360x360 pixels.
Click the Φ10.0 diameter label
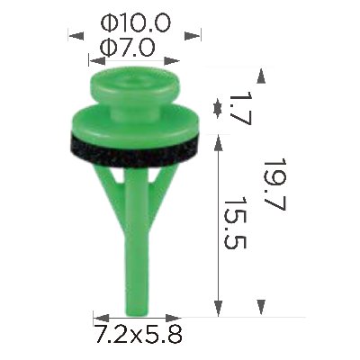coord(136,23)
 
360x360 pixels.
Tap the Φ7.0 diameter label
coord(128,48)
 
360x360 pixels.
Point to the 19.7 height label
coord(274,184)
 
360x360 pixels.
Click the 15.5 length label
coord(235,222)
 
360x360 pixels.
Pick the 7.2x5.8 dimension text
coord(138,334)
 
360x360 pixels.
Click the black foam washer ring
coord(135,150)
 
